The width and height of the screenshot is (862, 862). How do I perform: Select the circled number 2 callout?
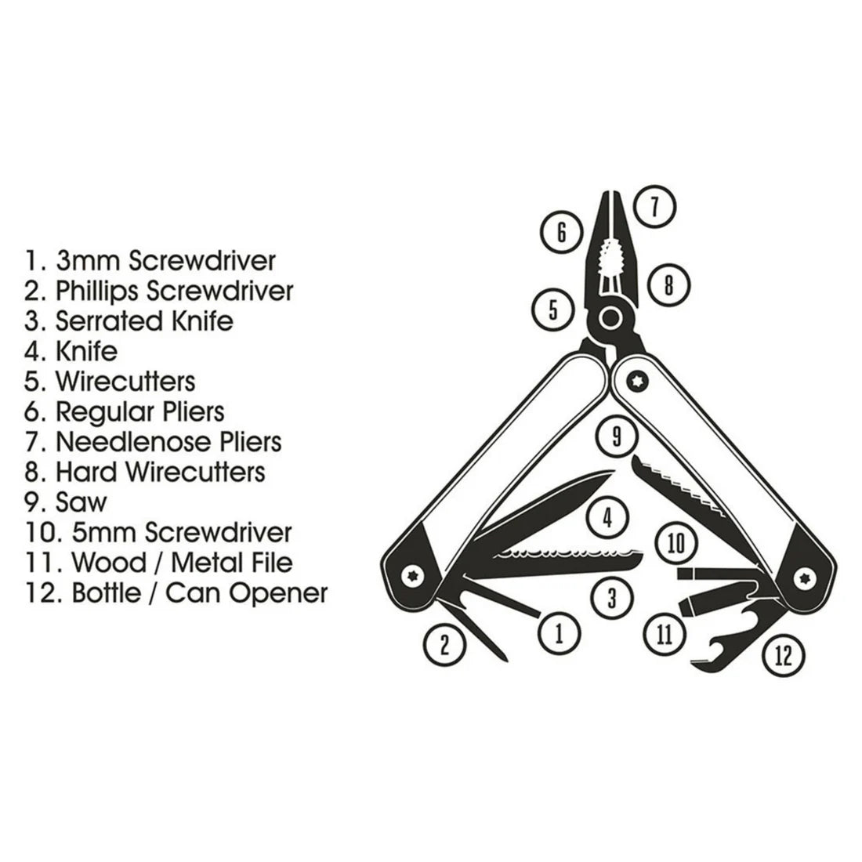(444, 644)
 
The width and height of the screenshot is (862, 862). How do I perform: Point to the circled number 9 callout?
(616, 436)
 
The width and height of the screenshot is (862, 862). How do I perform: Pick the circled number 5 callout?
(553, 309)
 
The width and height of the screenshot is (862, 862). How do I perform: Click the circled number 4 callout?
(607, 516)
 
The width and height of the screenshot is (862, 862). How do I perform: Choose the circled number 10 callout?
(676, 542)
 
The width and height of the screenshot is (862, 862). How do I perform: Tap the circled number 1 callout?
(559, 632)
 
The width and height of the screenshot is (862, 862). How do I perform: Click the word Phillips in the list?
(97, 291)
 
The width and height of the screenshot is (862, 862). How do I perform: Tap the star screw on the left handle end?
(413, 577)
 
